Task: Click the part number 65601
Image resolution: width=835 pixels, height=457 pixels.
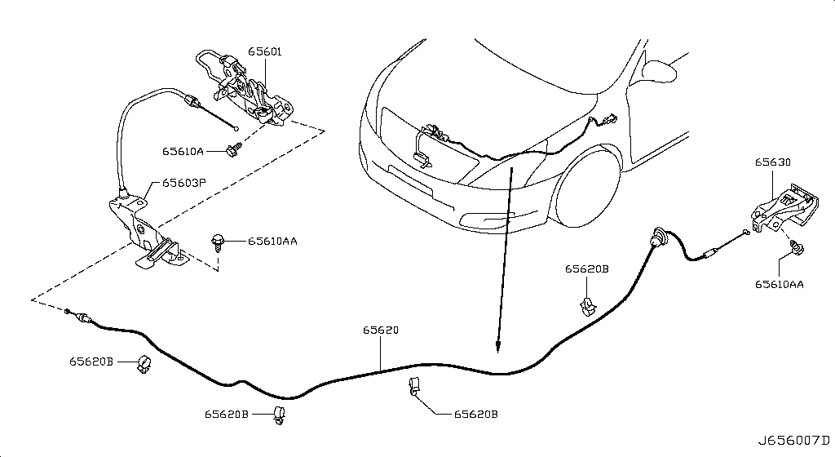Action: point(265,51)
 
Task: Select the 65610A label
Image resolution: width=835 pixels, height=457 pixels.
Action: point(183,151)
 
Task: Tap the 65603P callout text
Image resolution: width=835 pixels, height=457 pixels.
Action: point(183,183)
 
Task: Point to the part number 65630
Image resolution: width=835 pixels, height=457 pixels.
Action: point(773,162)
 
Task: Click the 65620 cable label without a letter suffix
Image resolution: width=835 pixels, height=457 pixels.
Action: point(381,331)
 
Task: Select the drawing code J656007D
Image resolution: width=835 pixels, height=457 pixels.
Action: point(793,441)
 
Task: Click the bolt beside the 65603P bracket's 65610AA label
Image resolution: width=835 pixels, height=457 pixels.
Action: point(218,242)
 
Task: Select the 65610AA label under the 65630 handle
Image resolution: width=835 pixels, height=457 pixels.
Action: point(779,285)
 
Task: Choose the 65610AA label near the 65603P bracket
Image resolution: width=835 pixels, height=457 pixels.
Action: point(272,242)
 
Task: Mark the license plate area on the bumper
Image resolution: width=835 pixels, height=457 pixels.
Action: point(410,180)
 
